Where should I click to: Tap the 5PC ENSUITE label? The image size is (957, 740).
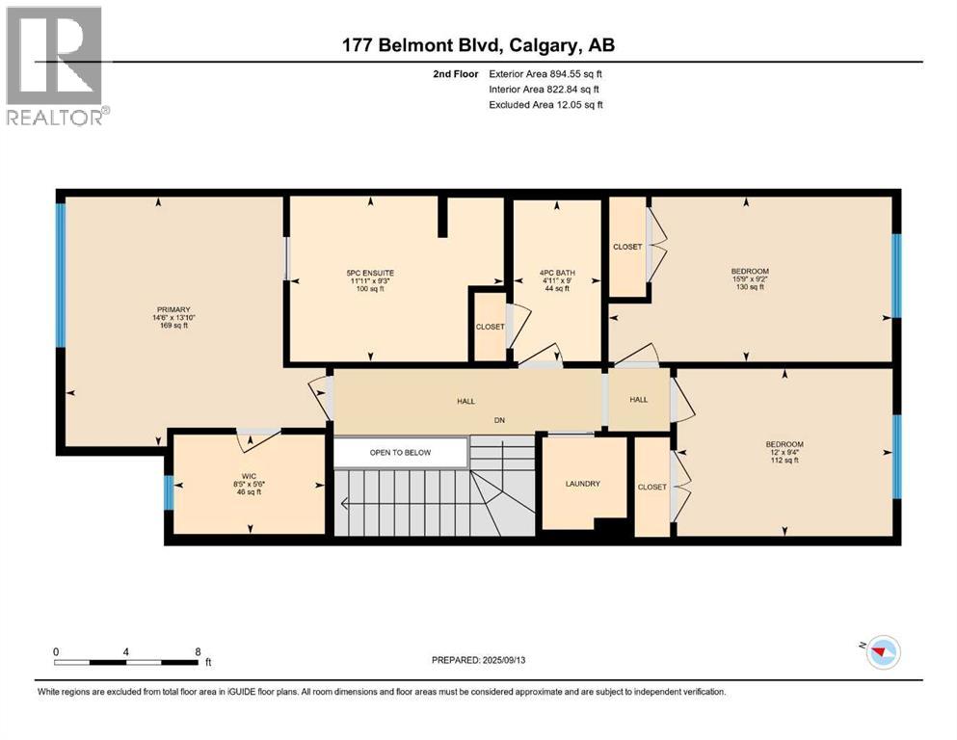click(371, 273)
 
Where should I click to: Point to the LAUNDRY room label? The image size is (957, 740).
click(583, 484)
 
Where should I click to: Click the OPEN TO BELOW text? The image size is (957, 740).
click(400, 452)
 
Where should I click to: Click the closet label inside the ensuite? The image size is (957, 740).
click(490, 327)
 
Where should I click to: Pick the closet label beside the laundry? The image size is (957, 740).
click(651, 487)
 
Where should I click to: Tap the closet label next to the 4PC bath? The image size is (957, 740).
click(627, 247)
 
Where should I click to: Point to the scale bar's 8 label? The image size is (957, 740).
click(198, 651)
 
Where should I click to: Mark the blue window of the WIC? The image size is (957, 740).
click(169, 493)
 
